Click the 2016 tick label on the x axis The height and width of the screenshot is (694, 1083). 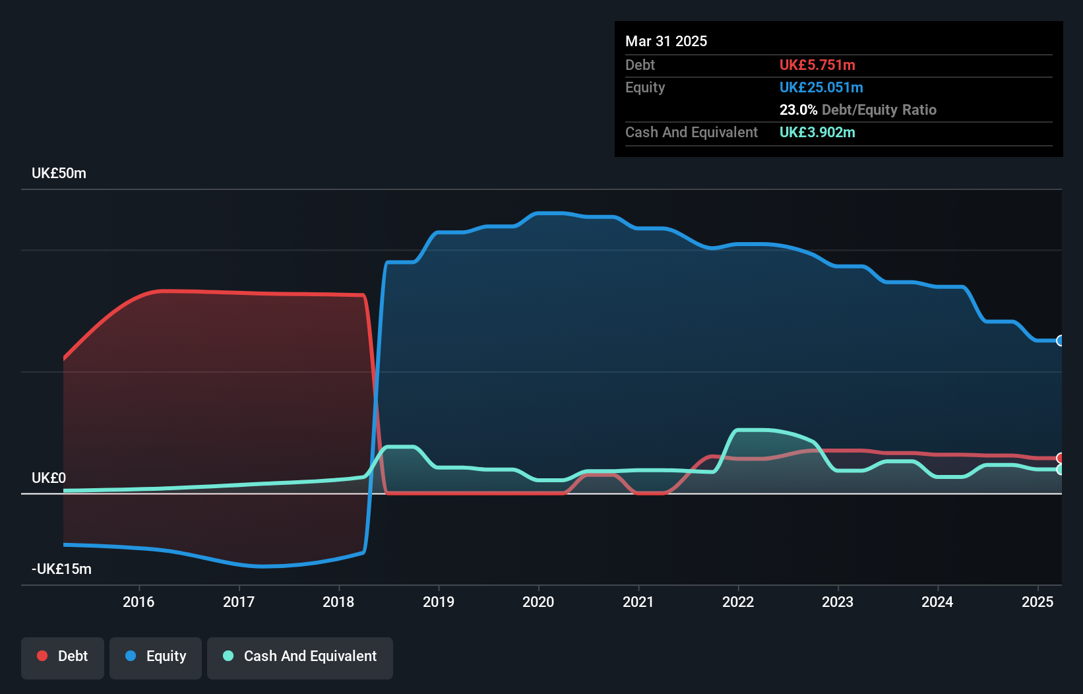point(139,602)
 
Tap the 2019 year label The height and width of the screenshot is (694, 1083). point(439,602)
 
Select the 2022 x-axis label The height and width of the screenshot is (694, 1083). point(738,602)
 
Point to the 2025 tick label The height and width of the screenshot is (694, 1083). point(1037,602)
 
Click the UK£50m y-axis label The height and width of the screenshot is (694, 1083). point(59,173)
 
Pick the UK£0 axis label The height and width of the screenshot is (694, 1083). point(49,478)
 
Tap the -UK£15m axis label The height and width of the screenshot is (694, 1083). point(61,569)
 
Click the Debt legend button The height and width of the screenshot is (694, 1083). point(63,656)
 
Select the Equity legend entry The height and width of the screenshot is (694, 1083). point(156,656)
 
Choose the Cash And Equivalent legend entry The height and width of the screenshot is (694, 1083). point(300,656)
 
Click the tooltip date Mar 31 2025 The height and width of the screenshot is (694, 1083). point(666,42)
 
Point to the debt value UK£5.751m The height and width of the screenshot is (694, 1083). point(817,65)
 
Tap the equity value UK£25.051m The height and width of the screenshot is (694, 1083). point(821,88)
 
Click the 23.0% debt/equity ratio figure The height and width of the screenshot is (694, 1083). point(798,110)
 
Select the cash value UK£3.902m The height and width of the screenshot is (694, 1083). point(817,133)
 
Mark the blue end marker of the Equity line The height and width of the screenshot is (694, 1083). point(1061,341)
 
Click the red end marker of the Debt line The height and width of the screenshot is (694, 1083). point(1061,458)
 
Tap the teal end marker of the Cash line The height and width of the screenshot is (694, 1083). point(1061,470)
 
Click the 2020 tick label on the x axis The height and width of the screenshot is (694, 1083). point(538,602)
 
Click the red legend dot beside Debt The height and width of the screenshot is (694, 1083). point(42,656)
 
